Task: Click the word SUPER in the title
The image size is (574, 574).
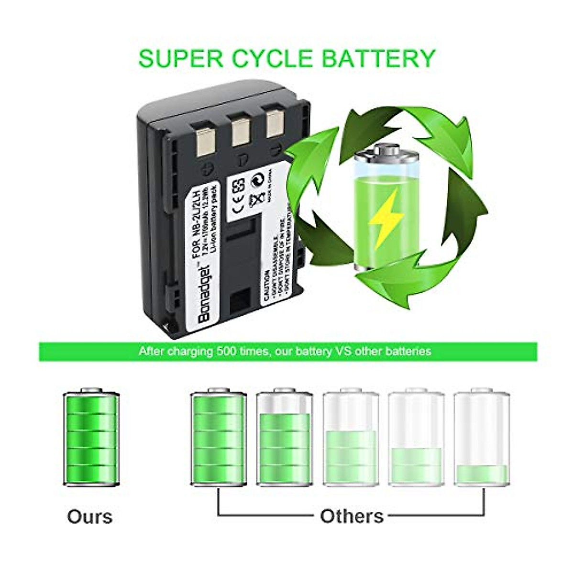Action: pyautogui.click(x=181, y=57)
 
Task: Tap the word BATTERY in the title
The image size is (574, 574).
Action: pyautogui.click(x=378, y=57)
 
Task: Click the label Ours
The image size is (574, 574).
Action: pyautogui.click(x=90, y=517)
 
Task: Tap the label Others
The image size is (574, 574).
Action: pyautogui.click(x=352, y=517)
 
